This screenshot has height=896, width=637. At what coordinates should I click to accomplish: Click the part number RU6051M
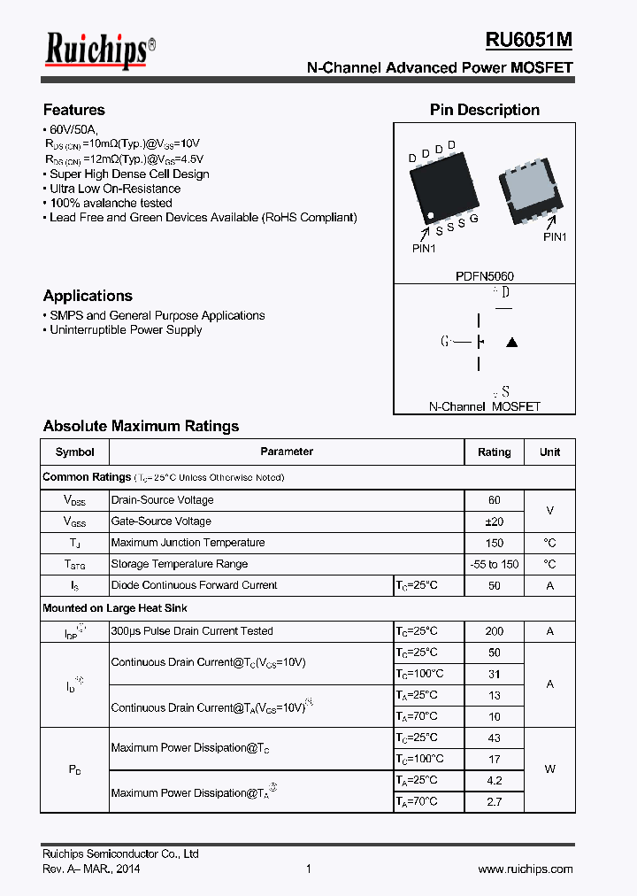[528, 40]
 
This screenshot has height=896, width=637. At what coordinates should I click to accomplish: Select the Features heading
[74, 110]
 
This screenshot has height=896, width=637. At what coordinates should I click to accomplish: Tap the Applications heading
[88, 296]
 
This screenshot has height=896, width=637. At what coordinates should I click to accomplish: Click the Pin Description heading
[484, 110]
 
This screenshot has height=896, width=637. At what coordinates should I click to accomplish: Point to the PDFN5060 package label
[484, 276]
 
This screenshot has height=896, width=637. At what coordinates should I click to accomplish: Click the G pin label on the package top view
[474, 219]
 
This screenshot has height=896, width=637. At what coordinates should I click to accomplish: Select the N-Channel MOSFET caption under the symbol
[484, 406]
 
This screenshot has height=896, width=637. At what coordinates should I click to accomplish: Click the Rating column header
[494, 452]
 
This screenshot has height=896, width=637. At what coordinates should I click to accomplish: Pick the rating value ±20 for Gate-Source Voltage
[494, 521]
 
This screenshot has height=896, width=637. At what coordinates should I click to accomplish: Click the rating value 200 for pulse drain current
[494, 631]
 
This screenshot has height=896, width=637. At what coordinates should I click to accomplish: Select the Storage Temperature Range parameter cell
[180, 564]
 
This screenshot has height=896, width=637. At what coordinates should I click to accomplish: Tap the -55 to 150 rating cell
[494, 564]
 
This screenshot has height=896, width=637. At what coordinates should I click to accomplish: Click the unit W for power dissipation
[549, 769]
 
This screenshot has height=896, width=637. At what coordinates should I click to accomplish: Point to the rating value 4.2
[494, 780]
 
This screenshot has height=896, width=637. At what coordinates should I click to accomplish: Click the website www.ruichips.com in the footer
[525, 869]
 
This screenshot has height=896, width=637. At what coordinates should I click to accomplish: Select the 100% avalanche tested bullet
[111, 203]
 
